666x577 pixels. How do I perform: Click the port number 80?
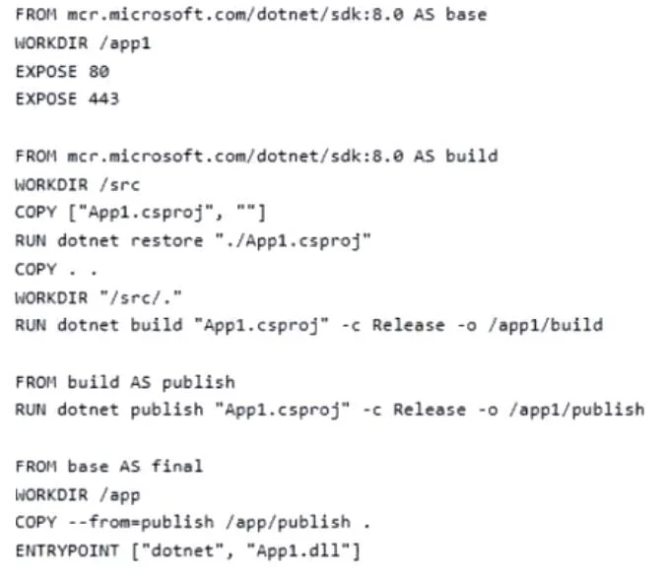pos(99,71)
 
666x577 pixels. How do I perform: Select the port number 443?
pos(104,98)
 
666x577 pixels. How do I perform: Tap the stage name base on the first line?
pos(466,15)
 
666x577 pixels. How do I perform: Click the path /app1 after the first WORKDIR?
pos(125,43)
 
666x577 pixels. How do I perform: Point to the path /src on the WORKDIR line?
pos(120,185)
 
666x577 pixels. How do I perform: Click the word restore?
pos(166,240)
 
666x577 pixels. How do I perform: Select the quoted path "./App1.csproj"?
pos(293,240)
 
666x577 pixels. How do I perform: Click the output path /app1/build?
pos(546,325)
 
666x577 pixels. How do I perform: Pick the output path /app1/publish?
pos(576,410)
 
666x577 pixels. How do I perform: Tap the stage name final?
pos(177,466)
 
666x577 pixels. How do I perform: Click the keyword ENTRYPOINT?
pos(67,550)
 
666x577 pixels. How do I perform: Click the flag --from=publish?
pos(142,522)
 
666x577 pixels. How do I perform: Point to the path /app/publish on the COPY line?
pos(289,522)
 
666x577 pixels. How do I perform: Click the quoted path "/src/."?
pos(141,297)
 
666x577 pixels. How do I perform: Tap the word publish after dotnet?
pos(166,410)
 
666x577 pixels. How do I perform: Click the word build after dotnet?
pos(157,325)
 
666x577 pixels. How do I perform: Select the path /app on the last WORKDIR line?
pos(120,495)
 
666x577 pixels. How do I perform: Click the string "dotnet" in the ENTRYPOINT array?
pos(182,550)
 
